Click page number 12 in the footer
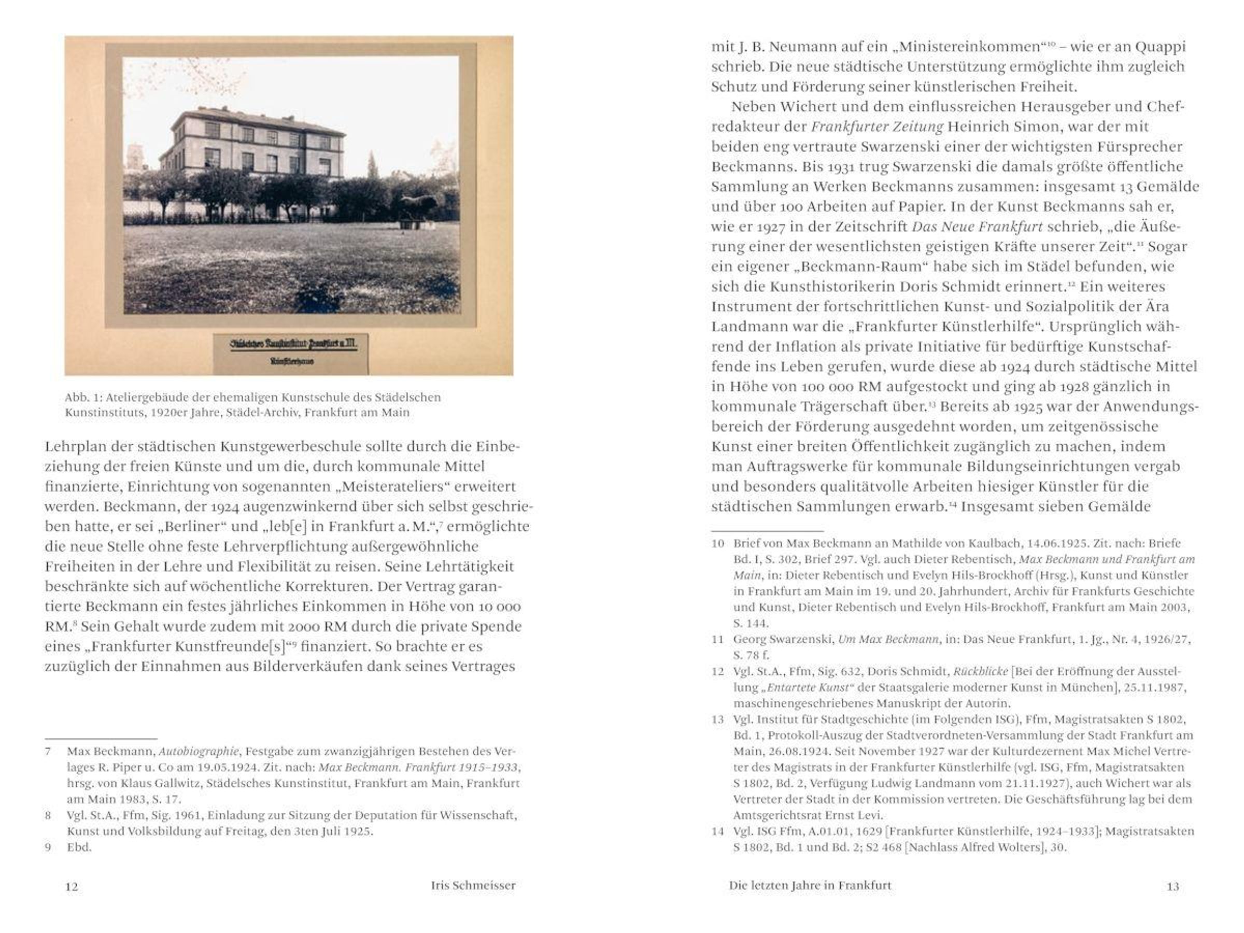(72, 887)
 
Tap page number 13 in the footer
(1172, 887)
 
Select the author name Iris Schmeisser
(473, 886)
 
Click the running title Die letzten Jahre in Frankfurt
(810, 886)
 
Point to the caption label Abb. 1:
(83, 398)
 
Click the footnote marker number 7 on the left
(48, 752)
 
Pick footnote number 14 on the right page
(717, 831)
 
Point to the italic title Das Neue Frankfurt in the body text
(978, 227)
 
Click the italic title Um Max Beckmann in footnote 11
(888, 640)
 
